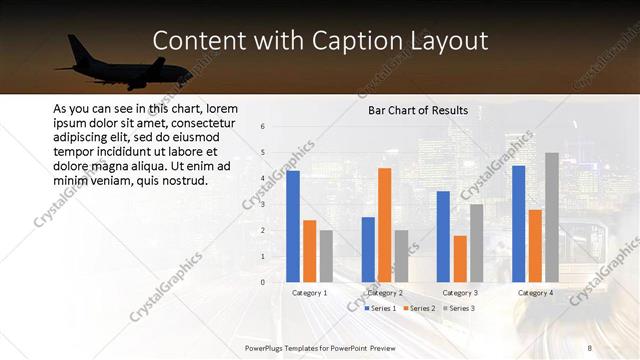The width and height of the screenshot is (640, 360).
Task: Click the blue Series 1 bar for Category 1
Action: coord(293,226)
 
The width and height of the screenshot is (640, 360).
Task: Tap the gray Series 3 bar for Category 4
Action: coord(552,217)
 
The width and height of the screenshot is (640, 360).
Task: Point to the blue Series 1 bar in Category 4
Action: coord(518,223)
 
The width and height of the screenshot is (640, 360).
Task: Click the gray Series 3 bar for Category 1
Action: coord(327,256)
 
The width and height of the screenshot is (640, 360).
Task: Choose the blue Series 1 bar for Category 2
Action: coord(368,249)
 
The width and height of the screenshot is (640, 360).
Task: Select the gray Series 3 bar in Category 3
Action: coord(477,243)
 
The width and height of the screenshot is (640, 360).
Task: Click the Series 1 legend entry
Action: coord(380,308)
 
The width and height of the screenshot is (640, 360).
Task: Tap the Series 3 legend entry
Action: coord(457,308)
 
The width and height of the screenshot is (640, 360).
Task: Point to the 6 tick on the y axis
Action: coord(262,127)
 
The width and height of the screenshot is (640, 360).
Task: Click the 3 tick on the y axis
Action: coord(262,205)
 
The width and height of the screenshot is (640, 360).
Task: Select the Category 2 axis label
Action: coord(385,293)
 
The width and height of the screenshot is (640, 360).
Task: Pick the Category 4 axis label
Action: coord(535,293)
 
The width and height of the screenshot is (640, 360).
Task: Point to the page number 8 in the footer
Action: coord(589,346)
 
